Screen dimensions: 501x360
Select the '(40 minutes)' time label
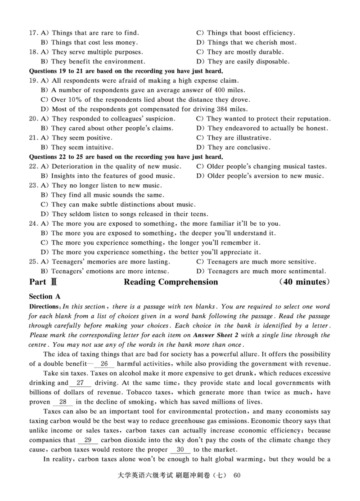tap(305, 282)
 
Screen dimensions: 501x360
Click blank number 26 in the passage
tap(104, 363)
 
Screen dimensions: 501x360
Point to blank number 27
tap(81, 383)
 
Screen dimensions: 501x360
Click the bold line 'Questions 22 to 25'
tap(126, 157)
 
